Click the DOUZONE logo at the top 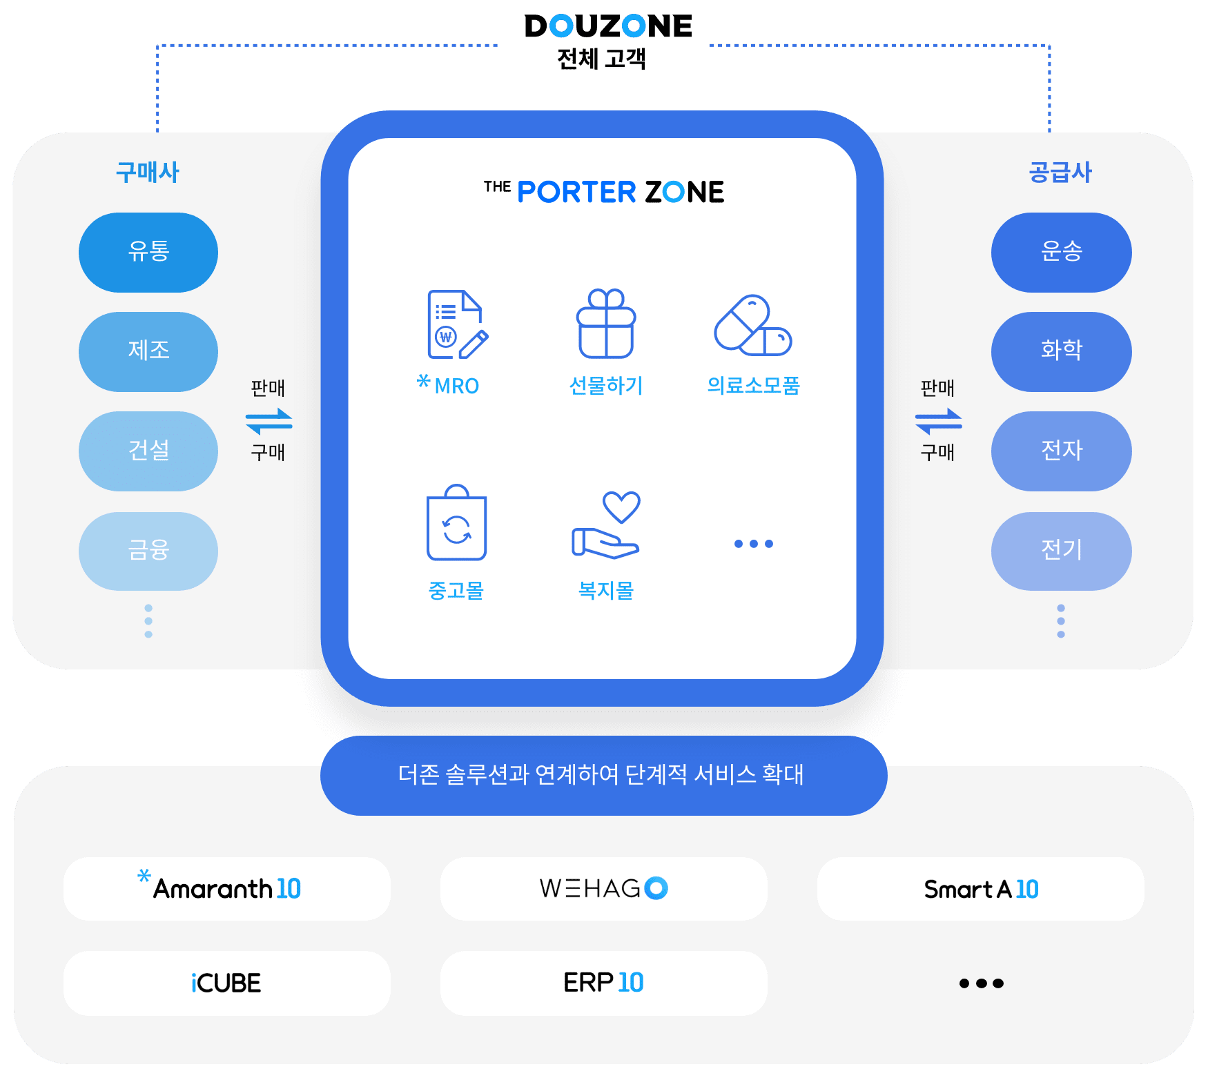tap(607, 27)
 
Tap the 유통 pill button tap(148, 252)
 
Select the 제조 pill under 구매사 tap(148, 351)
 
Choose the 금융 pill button tap(148, 551)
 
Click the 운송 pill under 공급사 tap(1061, 252)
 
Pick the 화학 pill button tap(1061, 351)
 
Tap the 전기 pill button tap(1061, 551)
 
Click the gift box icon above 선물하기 tap(606, 324)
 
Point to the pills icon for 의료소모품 tap(752, 326)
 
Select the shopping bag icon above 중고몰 tap(456, 523)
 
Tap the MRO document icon tap(456, 324)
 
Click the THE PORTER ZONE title tap(604, 192)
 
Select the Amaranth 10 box tap(226, 888)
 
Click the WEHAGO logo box tap(603, 888)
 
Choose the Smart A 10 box tap(980, 888)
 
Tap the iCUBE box tap(226, 983)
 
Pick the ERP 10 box tap(603, 983)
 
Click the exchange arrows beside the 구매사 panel tap(269, 420)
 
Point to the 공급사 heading tap(1060, 172)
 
